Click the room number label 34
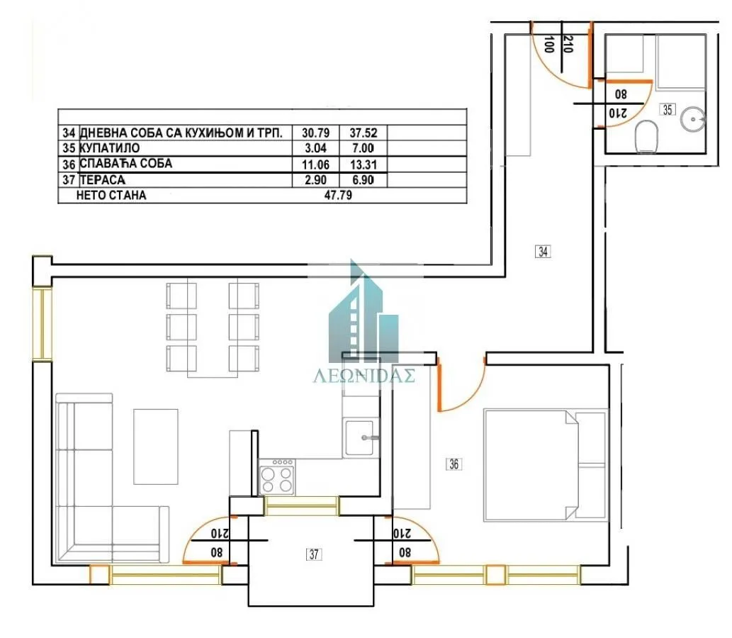tap(544, 250)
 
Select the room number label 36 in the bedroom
tap(454, 464)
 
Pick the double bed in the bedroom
tap(544, 464)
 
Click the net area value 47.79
tap(337, 195)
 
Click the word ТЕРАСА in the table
tap(103, 179)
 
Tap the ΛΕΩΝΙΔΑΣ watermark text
tap(364, 376)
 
